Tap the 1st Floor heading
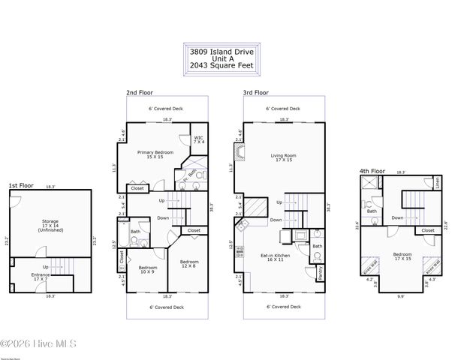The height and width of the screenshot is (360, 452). [x=20, y=184]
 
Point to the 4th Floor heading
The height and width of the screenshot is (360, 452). [x=372, y=171]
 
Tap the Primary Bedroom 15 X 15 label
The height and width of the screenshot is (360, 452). [x=155, y=154]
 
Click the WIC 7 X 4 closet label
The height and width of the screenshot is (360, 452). [x=199, y=139]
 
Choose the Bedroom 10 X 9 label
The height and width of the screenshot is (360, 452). [x=147, y=270]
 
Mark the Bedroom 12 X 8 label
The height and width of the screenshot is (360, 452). [x=188, y=264]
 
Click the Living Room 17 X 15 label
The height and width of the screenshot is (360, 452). [x=284, y=157]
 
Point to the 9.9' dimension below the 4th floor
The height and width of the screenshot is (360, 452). [x=402, y=297]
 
